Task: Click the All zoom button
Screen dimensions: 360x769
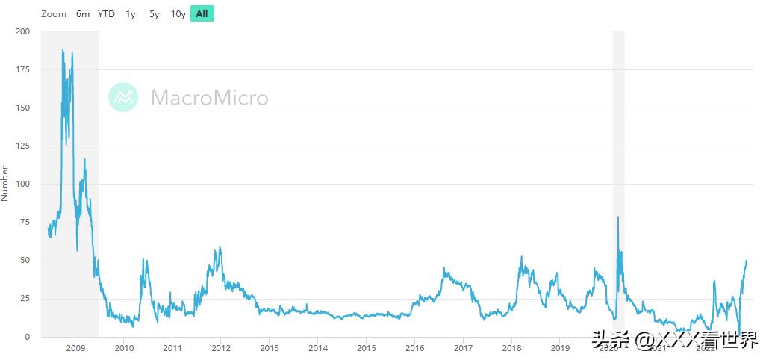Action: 202,13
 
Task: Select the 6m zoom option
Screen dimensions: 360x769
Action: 83,13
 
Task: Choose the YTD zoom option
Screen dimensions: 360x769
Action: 107,13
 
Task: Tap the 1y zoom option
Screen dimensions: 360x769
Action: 131,13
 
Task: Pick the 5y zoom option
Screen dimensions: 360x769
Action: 154,13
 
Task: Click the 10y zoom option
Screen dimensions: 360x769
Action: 178,13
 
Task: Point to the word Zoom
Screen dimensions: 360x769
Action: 54,13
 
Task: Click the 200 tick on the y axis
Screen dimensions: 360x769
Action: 22,31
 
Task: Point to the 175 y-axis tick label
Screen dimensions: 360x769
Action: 22,69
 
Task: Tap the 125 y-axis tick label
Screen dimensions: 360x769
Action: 22,146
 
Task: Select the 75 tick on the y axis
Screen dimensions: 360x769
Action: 25,223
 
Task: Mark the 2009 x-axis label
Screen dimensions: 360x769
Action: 75,347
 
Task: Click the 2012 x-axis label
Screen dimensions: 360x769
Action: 221,347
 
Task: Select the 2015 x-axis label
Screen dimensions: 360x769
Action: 366,347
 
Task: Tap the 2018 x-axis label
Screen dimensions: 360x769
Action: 511,347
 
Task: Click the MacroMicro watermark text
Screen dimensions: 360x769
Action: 209,97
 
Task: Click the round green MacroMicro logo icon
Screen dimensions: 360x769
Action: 123,97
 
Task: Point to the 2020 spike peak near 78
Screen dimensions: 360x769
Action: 618,217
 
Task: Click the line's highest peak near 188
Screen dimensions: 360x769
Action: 63,50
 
